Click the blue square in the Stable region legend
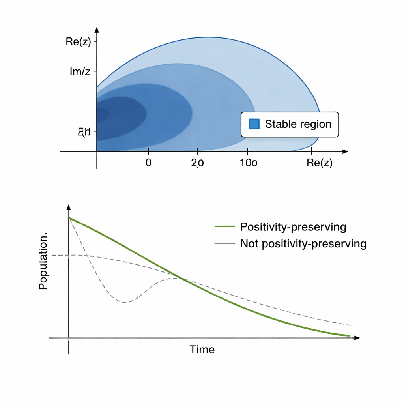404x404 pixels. tap(254, 124)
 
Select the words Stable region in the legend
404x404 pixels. tap(298, 124)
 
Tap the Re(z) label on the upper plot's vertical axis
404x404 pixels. tap(78, 42)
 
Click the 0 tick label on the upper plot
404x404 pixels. tap(148, 163)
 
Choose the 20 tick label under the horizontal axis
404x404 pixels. tap(197, 163)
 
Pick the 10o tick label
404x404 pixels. tap(249, 163)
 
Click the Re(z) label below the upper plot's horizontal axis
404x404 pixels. tap(319, 163)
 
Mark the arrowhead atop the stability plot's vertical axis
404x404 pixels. tap(97, 30)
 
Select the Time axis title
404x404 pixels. tap(202, 350)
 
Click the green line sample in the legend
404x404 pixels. tap(224, 227)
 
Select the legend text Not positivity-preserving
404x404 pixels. tap(303, 244)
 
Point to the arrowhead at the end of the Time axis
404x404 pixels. tap(357, 338)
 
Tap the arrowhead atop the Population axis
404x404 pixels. tap(69, 207)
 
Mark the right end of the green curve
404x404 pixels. tap(349, 336)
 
